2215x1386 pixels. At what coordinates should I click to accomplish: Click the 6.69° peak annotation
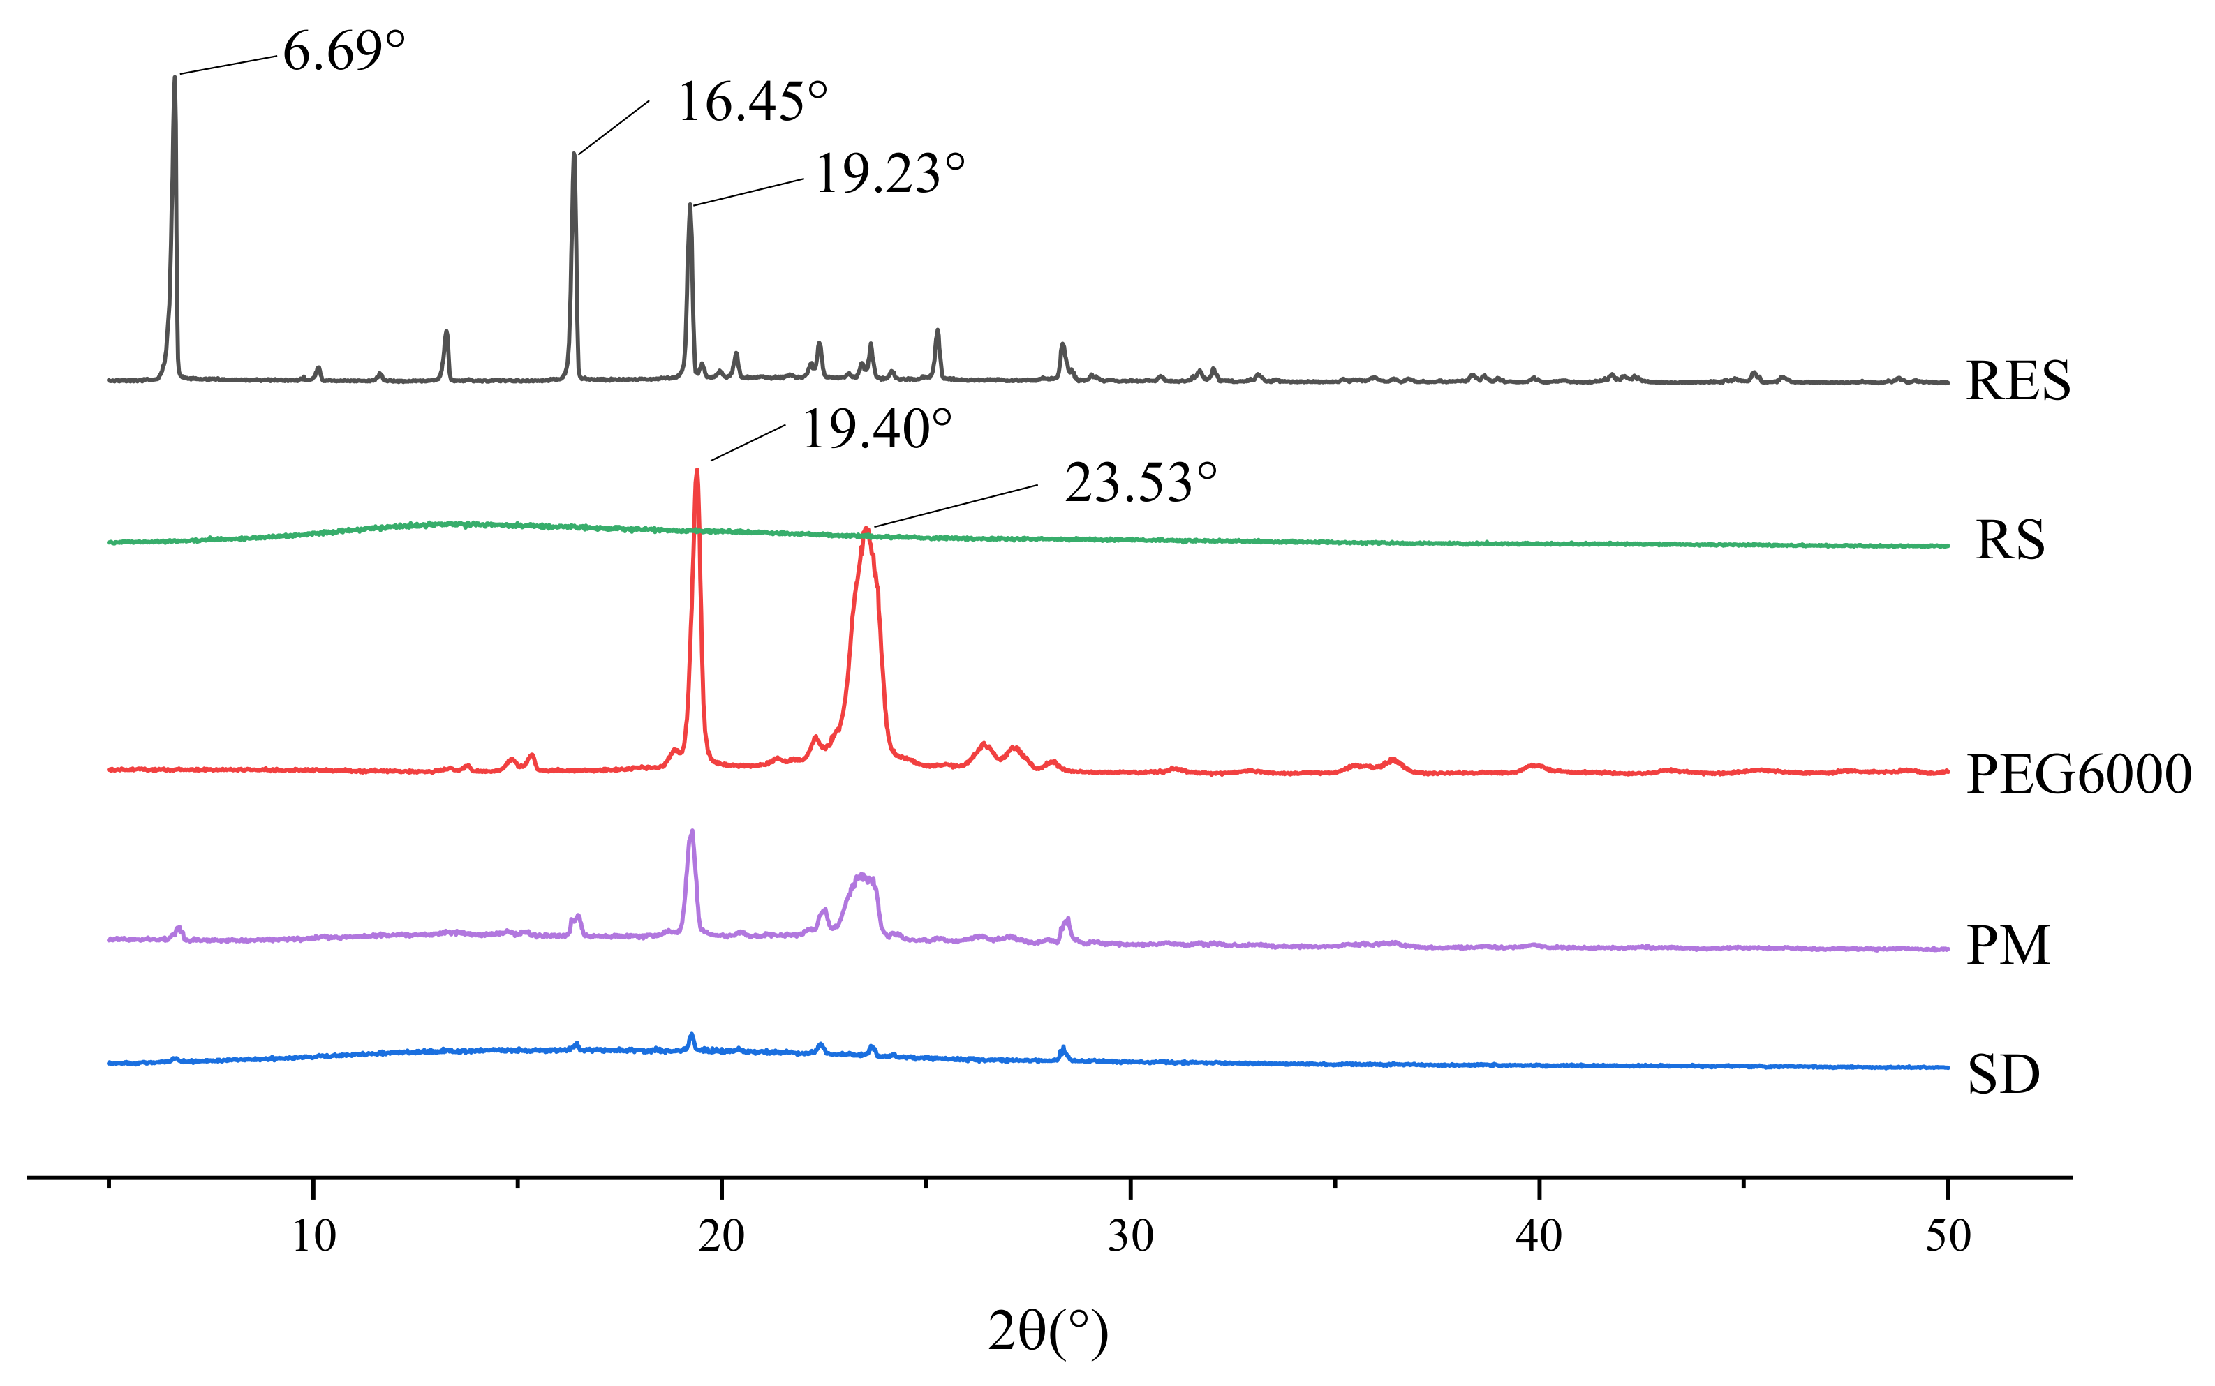click(x=343, y=52)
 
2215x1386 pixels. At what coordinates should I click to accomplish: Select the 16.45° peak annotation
click(x=752, y=102)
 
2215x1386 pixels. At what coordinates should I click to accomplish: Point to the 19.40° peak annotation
click(x=877, y=429)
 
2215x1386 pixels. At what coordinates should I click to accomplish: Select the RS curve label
click(x=2010, y=540)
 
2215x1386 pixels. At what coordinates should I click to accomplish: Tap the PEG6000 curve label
click(x=2078, y=775)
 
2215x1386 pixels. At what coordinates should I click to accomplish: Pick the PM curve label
click(x=2008, y=946)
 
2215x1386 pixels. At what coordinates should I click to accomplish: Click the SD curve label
click(x=2003, y=1075)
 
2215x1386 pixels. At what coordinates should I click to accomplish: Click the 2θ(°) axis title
click(x=1048, y=1332)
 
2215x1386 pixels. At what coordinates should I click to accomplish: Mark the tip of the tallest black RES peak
click(x=175, y=77)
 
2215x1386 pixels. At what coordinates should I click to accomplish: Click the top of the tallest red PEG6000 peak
click(x=697, y=470)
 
